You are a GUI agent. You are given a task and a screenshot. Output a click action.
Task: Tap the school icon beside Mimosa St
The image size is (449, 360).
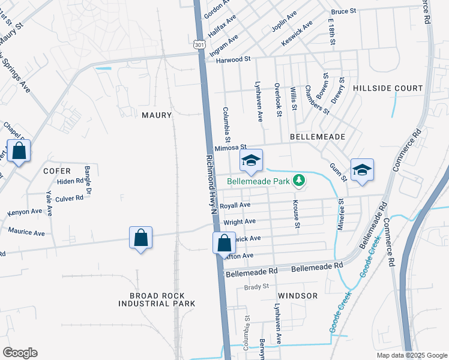point(251,160)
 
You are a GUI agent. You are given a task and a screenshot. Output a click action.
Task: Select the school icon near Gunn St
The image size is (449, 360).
point(362,170)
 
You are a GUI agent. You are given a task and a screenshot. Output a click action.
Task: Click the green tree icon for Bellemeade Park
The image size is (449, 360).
point(298,180)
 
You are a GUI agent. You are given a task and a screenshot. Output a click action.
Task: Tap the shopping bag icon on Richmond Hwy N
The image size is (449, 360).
point(224,244)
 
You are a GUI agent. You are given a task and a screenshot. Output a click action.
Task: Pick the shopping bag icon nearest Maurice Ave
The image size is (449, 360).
point(140,238)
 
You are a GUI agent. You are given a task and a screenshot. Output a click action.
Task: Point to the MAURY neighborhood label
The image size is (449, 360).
point(157,115)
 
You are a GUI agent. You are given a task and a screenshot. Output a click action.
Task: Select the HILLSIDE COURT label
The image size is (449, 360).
point(388,88)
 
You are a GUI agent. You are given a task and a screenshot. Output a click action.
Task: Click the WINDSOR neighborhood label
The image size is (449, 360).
point(298,296)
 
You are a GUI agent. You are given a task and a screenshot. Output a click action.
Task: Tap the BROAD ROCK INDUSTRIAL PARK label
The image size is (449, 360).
point(157,299)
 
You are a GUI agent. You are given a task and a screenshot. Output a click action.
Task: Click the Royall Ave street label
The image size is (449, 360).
point(235,205)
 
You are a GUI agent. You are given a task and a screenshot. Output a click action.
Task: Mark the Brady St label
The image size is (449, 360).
point(256,287)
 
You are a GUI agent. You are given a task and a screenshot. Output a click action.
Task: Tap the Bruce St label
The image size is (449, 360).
point(343,11)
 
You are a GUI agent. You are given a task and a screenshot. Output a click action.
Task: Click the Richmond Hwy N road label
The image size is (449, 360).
point(211,185)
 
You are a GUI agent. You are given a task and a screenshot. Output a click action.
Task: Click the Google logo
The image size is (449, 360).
point(20,353)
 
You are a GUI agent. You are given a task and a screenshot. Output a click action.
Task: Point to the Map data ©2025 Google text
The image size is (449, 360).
point(411,355)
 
